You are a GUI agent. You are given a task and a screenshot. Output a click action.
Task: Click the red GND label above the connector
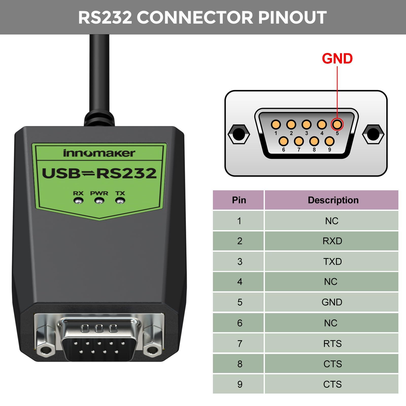(x=337, y=59)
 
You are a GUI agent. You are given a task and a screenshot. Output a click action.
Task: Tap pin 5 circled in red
(x=337, y=124)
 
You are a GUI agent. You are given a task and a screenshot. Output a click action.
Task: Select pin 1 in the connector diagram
(x=276, y=125)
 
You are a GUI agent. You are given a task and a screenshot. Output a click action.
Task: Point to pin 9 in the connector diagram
(x=329, y=141)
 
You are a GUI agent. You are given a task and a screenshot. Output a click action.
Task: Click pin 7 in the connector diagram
(x=299, y=141)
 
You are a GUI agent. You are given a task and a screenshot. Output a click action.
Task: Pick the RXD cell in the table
(x=332, y=241)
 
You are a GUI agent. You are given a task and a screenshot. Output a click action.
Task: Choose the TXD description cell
(x=332, y=261)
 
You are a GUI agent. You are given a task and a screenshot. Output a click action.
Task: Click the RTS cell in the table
(x=332, y=343)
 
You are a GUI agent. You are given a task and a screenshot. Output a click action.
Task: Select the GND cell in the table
(x=332, y=302)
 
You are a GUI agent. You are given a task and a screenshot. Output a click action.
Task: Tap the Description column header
(x=332, y=200)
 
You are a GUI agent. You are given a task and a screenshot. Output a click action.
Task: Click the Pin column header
(x=239, y=200)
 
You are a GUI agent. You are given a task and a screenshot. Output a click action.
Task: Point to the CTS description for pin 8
(x=332, y=364)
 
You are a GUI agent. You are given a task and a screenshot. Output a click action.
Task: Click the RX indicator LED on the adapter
(x=78, y=201)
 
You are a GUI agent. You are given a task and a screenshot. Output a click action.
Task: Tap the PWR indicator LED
(x=99, y=201)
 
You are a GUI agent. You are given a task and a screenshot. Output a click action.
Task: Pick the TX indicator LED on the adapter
(x=120, y=201)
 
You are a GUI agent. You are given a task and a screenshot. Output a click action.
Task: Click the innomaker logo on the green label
(x=99, y=153)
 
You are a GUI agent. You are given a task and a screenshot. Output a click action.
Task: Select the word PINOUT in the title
(x=292, y=18)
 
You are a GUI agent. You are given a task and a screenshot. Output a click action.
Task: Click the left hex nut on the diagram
(x=239, y=134)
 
